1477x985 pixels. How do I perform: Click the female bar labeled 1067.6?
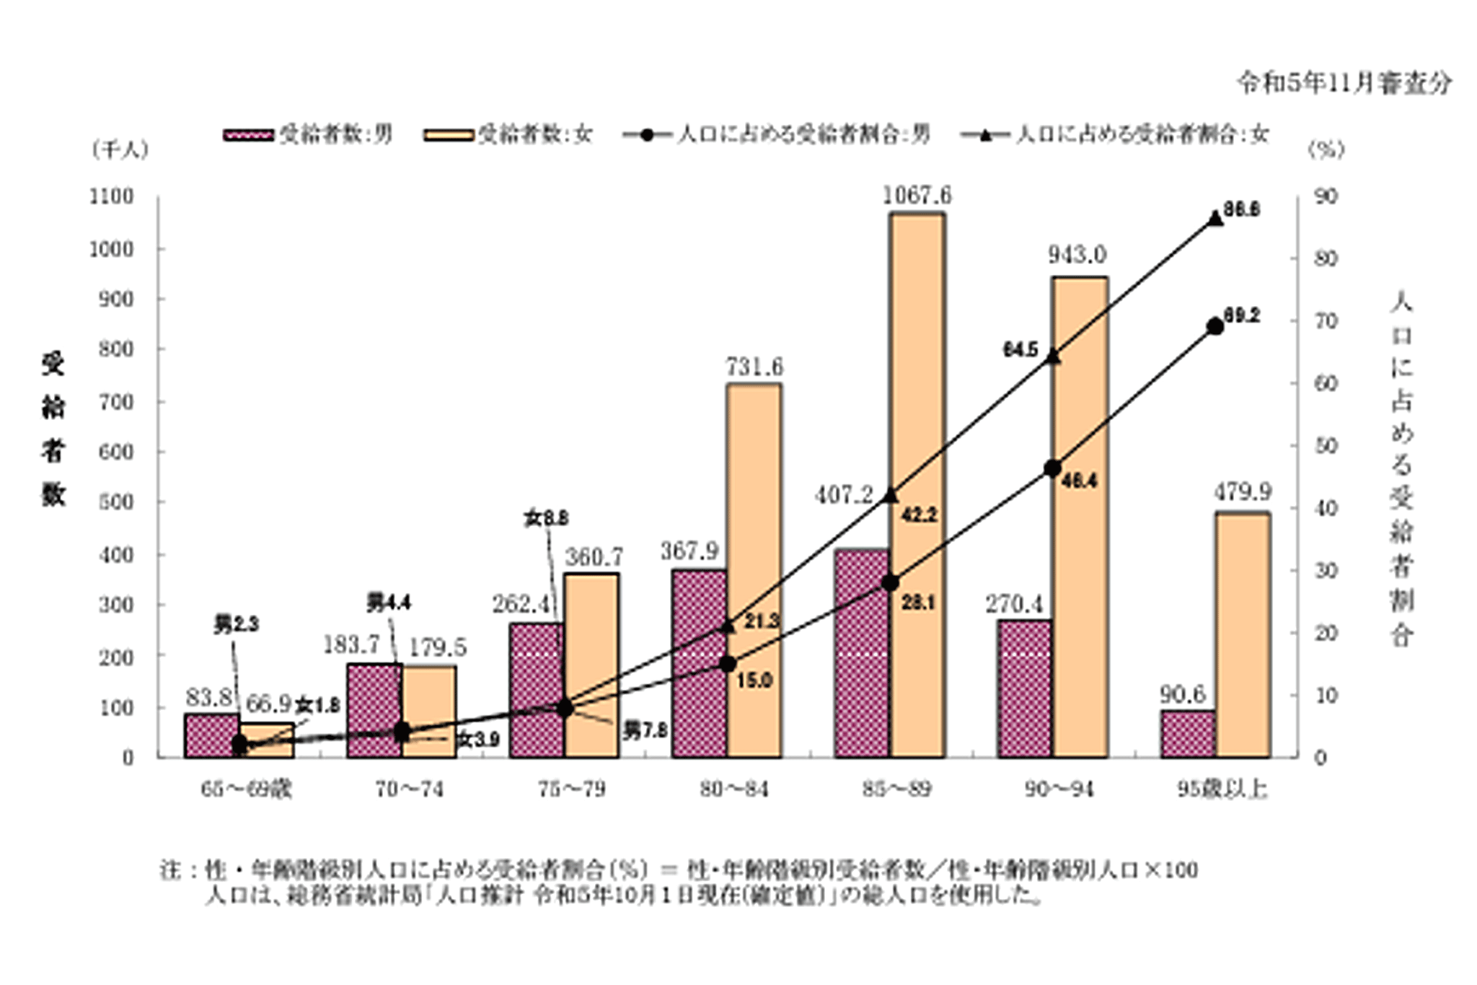pyautogui.click(x=917, y=483)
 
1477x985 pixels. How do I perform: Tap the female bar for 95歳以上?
pyautogui.click(x=1242, y=635)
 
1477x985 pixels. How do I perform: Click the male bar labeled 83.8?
pyautogui.click(x=212, y=735)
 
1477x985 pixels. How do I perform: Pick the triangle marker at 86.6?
pyautogui.click(x=1215, y=219)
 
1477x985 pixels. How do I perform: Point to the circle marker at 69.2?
pyautogui.click(x=1215, y=327)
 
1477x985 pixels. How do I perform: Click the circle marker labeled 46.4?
pyautogui.click(x=1052, y=468)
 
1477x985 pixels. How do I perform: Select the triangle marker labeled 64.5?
pyautogui.click(x=1052, y=356)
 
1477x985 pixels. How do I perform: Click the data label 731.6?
pyautogui.click(x=754, y=367)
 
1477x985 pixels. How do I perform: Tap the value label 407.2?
pyautogui.click(x=844, y=495)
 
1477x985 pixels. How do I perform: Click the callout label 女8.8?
pyautogui.click(x=546, y=518)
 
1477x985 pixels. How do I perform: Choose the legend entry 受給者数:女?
pyautogui.click(x=508, y=134)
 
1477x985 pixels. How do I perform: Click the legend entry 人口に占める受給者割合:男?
pyautogui.click(x=777, y=134)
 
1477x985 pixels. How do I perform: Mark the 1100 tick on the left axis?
pyautogui.click(x=111, y=196)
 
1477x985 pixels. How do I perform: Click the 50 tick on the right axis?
pyautogui.click(x=1326, y=446)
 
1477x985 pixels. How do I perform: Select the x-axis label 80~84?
pyautogui.click(x=734, y=789)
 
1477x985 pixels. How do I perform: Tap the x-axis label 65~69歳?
pyautogui.click(x=246, y=789)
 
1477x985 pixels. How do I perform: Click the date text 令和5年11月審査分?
pyautogui.click(x=1344, y=84)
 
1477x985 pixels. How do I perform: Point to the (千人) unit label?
pyautogui.click(x=120, y=149)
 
